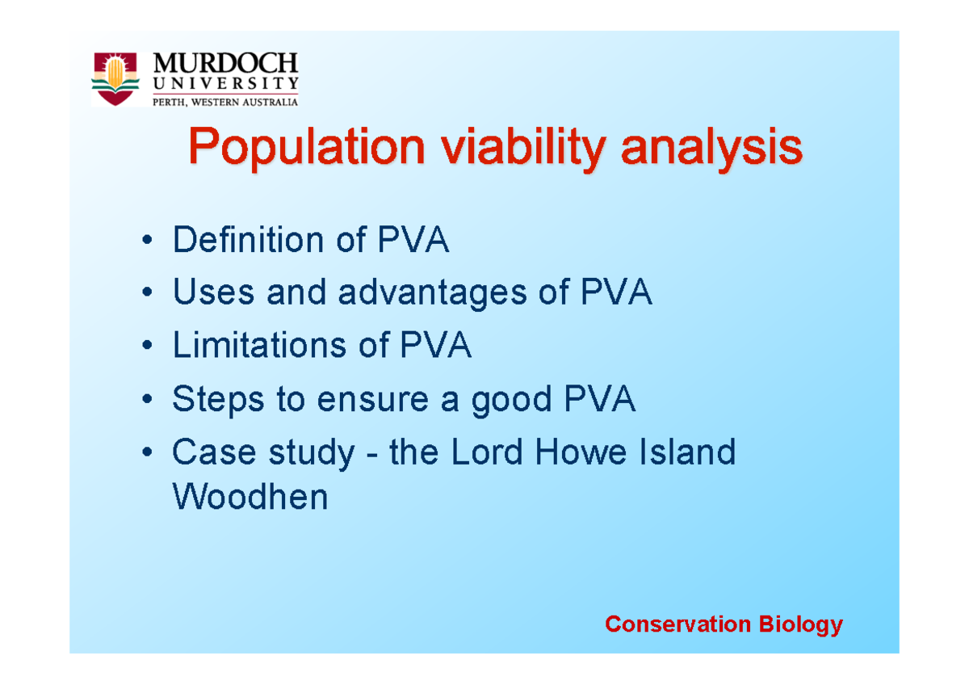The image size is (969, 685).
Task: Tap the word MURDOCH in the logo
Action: coord(225,64)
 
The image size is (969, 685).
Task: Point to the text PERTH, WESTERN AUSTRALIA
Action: coord(225,101)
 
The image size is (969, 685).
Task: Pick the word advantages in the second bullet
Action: coord(432,294)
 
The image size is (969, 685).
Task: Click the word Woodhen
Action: coord(250,497)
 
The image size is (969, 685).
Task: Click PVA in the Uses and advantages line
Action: coord(616,294)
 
